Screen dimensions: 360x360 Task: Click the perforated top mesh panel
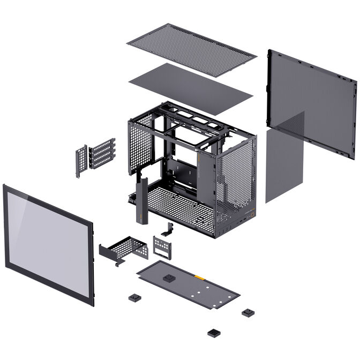click(x=191, y=49)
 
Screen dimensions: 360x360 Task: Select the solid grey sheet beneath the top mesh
click(x=190, y=88)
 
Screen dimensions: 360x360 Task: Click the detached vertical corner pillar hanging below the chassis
click(x=142, y=200)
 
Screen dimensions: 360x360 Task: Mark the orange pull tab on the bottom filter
click(x=199, y=277)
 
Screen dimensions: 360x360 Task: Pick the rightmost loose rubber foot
click(x=247, y=312)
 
